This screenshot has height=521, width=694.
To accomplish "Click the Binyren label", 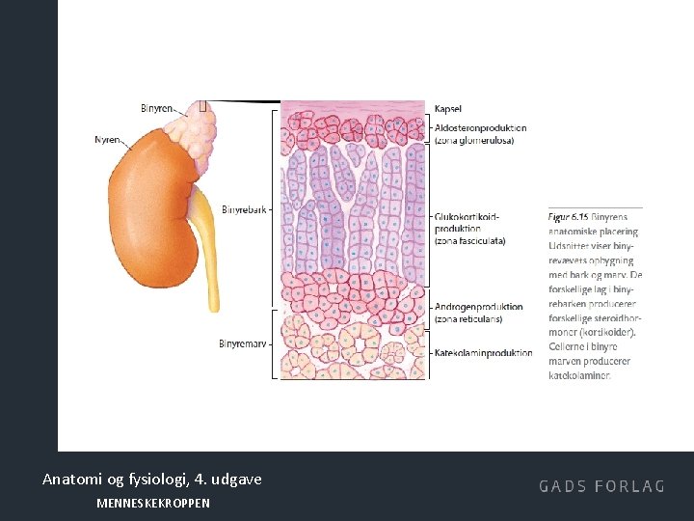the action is (156, 109).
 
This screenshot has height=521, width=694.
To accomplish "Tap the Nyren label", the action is (108, 140).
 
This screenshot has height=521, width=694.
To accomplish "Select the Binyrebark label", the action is (244, 209).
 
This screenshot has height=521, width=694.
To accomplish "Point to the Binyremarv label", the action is (243, 343).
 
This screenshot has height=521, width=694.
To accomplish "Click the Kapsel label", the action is (447, 108).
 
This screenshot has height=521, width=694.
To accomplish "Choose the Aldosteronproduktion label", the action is (480, 128).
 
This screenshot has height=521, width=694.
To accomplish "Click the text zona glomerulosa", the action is (474, 140).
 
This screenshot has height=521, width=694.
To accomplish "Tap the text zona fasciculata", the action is (469, 241).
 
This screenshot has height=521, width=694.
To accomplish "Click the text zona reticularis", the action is (467, 318).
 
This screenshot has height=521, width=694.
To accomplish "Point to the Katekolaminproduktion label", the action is (483, 353).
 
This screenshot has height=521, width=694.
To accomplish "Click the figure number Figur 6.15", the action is (568, 218).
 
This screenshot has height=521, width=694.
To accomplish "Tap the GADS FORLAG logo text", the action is (601, 486).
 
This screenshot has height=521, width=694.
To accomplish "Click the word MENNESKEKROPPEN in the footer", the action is (153, 504).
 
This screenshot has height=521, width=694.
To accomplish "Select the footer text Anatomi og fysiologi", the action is (106, 479).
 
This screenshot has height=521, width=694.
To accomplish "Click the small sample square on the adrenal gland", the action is (202, 106).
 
